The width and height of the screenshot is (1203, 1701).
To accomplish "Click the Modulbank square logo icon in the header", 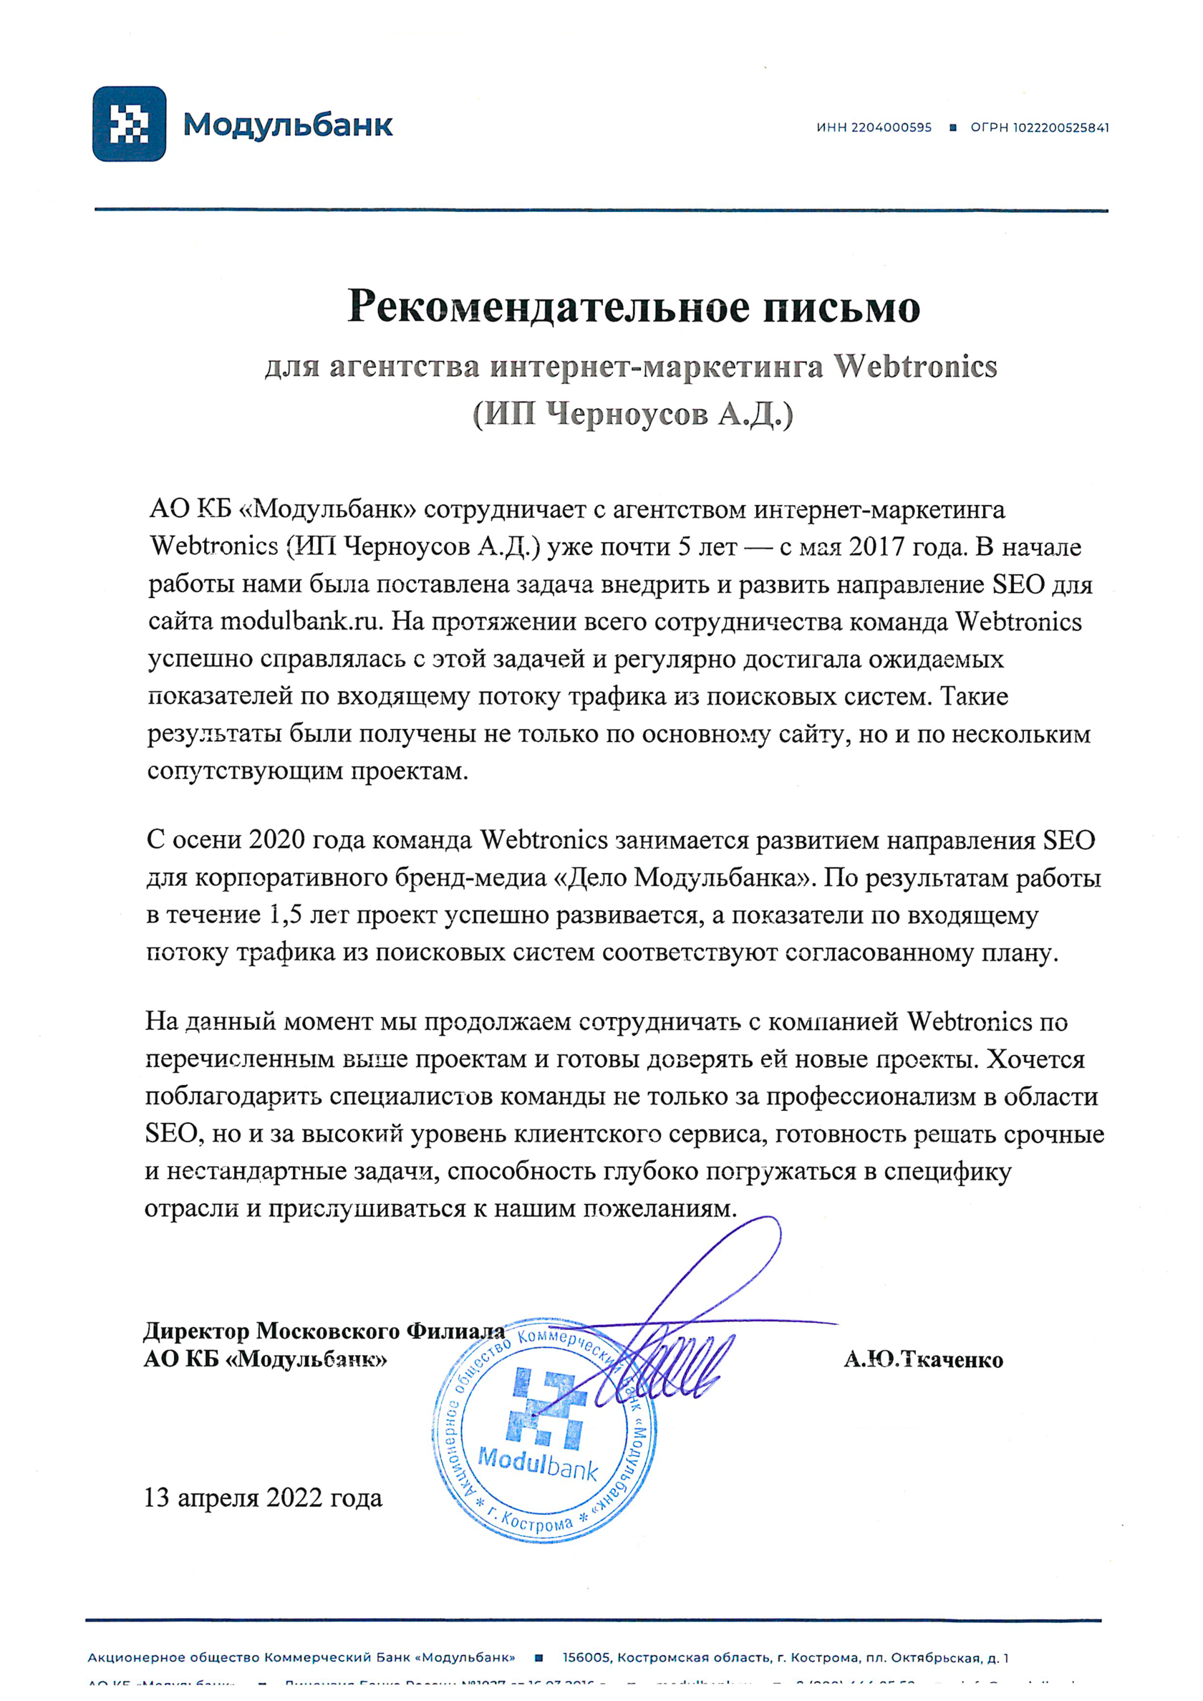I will pyautogui.click(x=129, y=124).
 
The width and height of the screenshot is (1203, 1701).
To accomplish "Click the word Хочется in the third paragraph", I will pyautogui.click(x=1037, y=1059).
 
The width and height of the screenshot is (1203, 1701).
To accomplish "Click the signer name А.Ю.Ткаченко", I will pyautogui.click(x=923, y=1360).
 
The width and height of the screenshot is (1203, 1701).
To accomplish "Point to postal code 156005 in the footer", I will pyautogui.click(x=586, y=1658).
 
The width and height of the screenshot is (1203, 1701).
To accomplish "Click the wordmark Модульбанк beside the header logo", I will pyautogui.click(x=288, y=125).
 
